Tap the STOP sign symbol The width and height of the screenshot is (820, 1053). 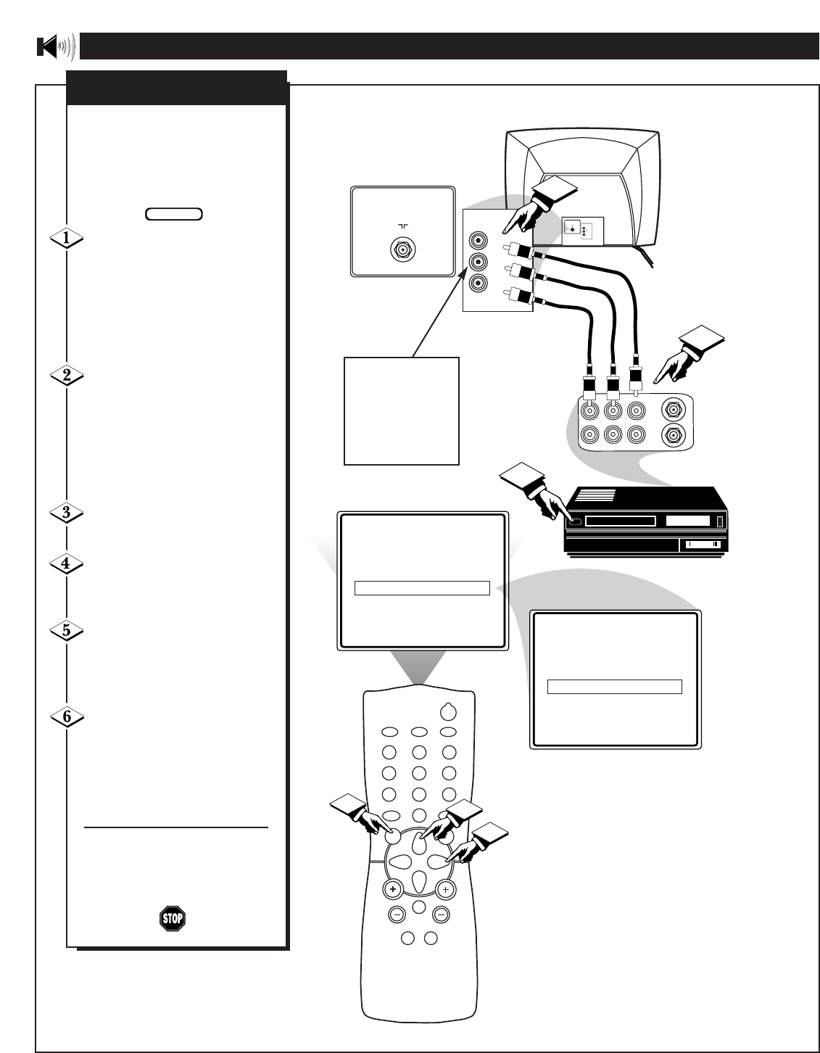172,919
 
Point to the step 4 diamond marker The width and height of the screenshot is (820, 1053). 66,563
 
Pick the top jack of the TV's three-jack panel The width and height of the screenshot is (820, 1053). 478,239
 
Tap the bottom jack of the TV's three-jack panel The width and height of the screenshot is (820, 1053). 478,284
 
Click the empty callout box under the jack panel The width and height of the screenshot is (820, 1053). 401,410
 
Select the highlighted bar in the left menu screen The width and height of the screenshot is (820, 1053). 422,588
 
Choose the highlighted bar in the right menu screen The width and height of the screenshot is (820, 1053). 614,687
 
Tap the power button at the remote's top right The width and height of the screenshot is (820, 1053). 449,711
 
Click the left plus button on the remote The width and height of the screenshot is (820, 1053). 392,889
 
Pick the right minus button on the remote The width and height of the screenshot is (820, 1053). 441,915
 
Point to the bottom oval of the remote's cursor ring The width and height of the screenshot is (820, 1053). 419,881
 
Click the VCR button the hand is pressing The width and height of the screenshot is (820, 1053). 575,520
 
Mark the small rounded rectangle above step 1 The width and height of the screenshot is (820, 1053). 174,214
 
